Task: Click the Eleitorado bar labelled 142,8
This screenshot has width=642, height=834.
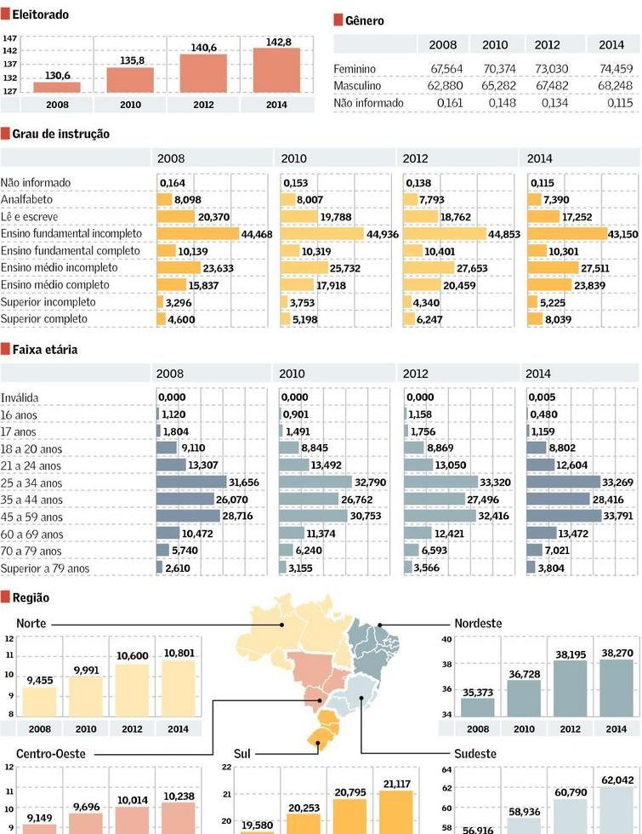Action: click(x=276, y=70)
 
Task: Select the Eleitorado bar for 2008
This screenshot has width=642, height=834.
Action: click(x=57, y=87)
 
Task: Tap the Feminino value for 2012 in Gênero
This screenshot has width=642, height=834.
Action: click(x=553, y=69)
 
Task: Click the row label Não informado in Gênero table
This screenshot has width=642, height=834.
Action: click(x=368, y=103)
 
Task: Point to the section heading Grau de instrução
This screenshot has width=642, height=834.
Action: click(x=60, y=134)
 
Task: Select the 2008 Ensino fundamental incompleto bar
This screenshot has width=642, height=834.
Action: click(x=197, y=234)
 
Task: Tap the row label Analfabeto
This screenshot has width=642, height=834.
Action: click(x=26, y=199)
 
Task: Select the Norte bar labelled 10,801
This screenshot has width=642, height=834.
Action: click(x=177, y=688)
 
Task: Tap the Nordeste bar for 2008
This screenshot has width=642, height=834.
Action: click(x=478, y=706)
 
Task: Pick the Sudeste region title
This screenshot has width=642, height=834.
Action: click(x=474, y=754)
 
